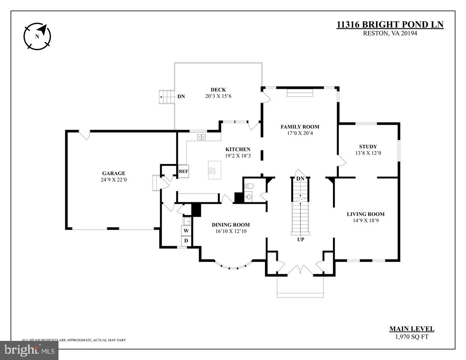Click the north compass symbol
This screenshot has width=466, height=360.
(37, 36)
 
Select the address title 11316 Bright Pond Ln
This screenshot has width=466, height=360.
(390, 25)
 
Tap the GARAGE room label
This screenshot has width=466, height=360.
(114, 173)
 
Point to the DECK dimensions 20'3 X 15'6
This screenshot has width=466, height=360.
(218, 96)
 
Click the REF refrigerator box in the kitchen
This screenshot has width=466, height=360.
(183, 171)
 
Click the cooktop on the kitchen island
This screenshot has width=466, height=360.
(212, 170)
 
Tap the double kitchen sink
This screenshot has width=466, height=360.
(202, 137)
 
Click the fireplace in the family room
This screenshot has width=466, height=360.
(300, 93)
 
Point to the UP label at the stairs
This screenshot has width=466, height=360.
(301, 239)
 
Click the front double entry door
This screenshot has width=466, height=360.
(300, 271)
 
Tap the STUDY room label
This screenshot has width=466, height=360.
(368, 147)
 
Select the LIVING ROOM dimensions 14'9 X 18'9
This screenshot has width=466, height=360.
(366, 221)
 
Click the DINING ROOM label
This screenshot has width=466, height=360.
(231, 225)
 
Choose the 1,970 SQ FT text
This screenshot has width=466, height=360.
(412, 337)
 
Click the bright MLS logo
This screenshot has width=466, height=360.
(29, 350)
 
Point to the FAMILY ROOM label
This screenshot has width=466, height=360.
(300, 127)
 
